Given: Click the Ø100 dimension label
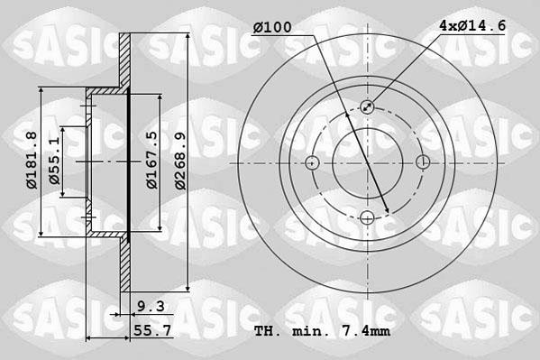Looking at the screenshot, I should point(272,28).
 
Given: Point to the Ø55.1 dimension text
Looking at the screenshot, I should point(56,161).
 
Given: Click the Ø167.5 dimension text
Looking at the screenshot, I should point(152,160).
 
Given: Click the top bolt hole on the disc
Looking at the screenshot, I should point(368,107).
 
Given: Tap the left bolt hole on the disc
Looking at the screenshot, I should point(312,163).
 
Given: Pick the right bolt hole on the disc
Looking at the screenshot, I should point(424,162).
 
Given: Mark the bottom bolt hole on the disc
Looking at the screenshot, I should point(368,218).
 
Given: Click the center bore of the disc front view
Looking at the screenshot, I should point(368,163).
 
